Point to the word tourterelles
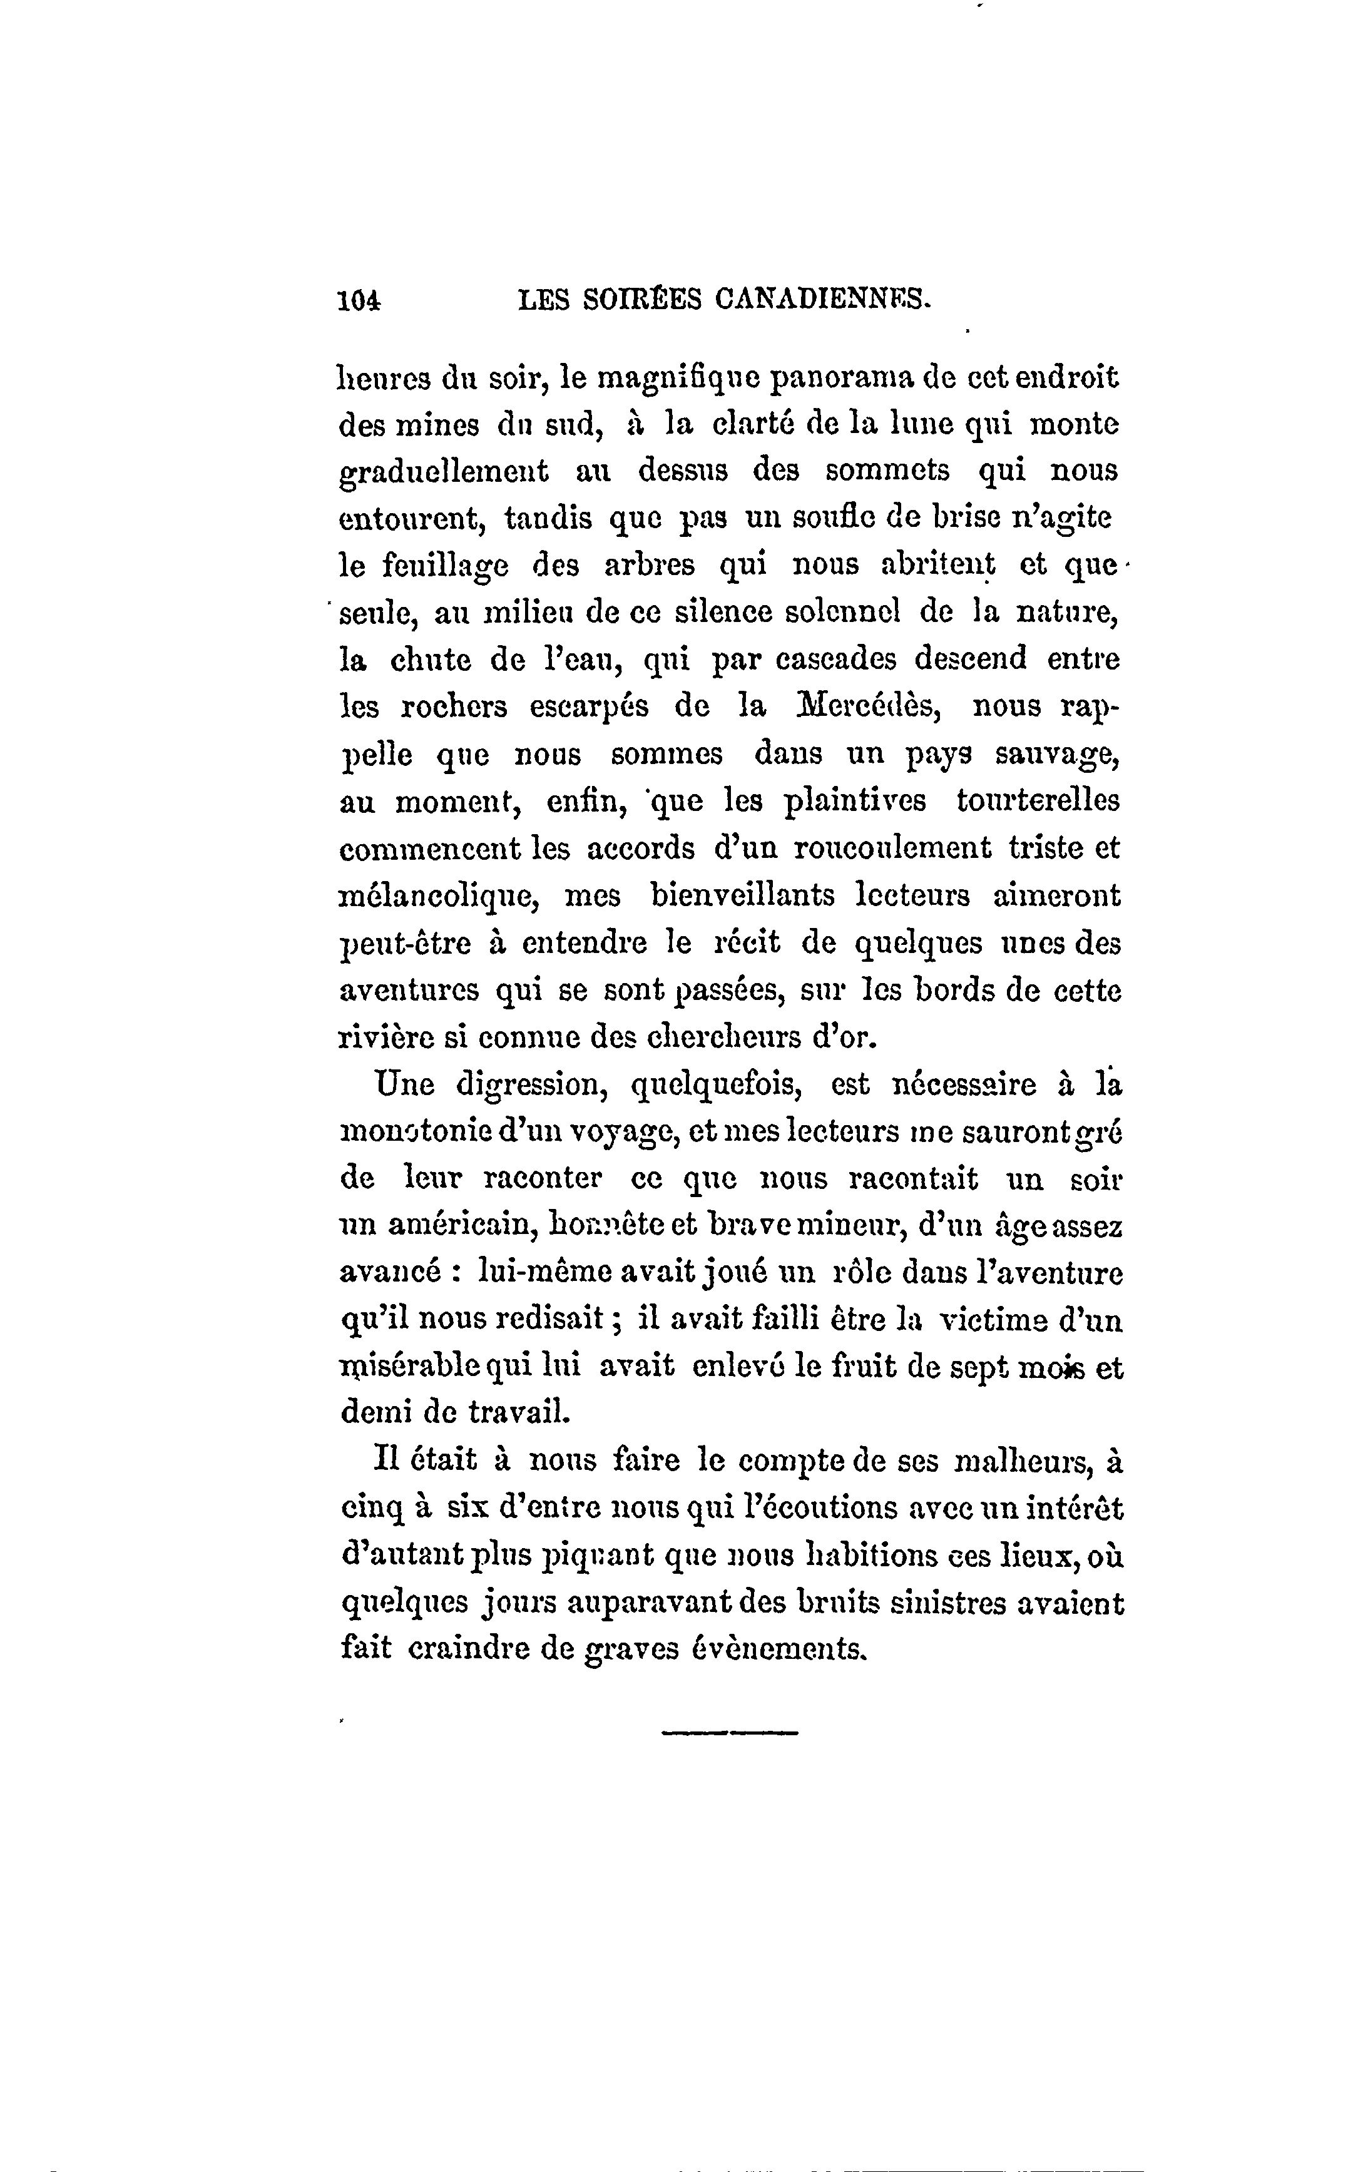coord(1037,800)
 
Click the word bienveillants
coord(743,895)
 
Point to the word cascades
coord(834,660)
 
